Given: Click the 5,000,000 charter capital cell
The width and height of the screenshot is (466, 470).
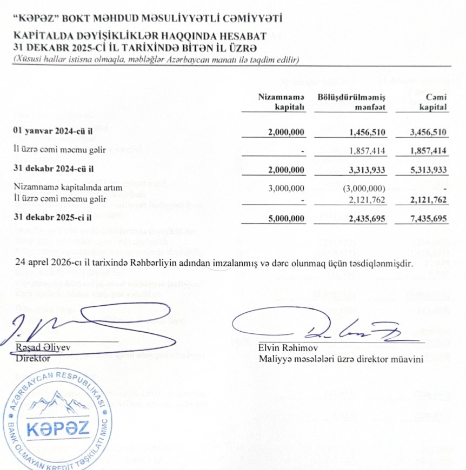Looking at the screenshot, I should click(x=287, y=220).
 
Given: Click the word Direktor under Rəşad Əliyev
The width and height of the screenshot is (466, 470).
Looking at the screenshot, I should click(x=33, y=358).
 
